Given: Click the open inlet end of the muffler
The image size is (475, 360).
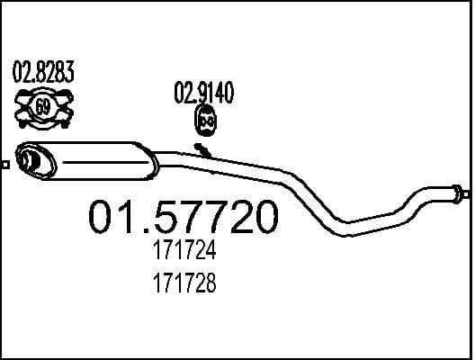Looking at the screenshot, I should point(27,160).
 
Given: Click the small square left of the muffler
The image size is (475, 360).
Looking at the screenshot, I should point(4,164).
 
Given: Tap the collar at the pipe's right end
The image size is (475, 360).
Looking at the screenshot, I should point(454,192).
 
